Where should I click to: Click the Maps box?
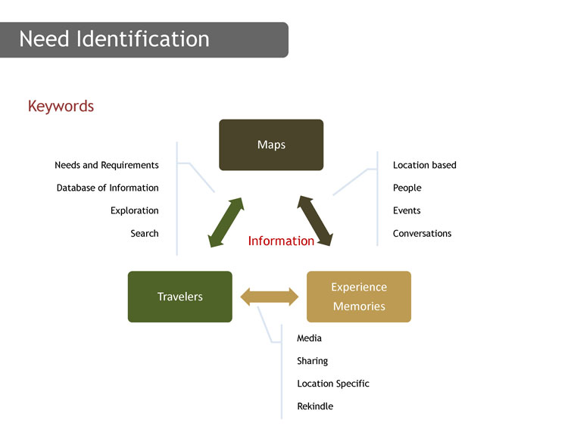coord(271,145)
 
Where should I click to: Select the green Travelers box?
coord(180,297)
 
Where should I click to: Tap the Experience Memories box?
coord(359,297)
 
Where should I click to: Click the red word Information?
coord(281,241)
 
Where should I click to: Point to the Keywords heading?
coord(61,107)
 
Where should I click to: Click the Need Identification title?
coord(114,39)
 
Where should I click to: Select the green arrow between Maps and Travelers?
coord(226,222)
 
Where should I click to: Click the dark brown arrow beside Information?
coord(315,221)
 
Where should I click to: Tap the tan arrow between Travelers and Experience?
coord(270,297)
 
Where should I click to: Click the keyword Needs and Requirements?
coord(107,165)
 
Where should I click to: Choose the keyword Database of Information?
coord(108,188)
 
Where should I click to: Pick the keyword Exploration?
coord(134,210)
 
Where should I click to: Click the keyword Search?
coord(145,234)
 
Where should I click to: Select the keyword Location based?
coord(425,165)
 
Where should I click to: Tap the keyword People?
coord(407,188)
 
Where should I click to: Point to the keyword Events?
coord(407,210)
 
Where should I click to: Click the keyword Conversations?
coord(422,234)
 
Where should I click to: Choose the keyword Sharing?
coord(312,361)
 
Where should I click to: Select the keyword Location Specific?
coord(333,384)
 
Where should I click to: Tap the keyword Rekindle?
coord(315,406)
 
